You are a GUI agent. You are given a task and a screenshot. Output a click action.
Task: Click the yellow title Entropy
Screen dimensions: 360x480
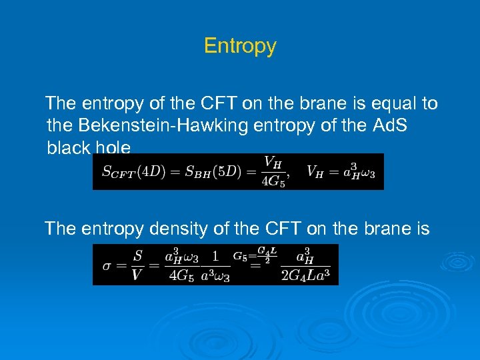[240, 46]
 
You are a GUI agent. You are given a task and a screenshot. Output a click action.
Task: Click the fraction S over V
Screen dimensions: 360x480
[137, 265]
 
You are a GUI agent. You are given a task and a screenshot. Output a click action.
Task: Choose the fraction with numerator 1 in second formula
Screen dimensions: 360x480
[215, 265]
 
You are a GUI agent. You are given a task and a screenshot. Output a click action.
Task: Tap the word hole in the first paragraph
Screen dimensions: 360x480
[113, 147]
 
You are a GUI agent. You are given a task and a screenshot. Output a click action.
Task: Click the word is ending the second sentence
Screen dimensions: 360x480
[421, 229]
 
